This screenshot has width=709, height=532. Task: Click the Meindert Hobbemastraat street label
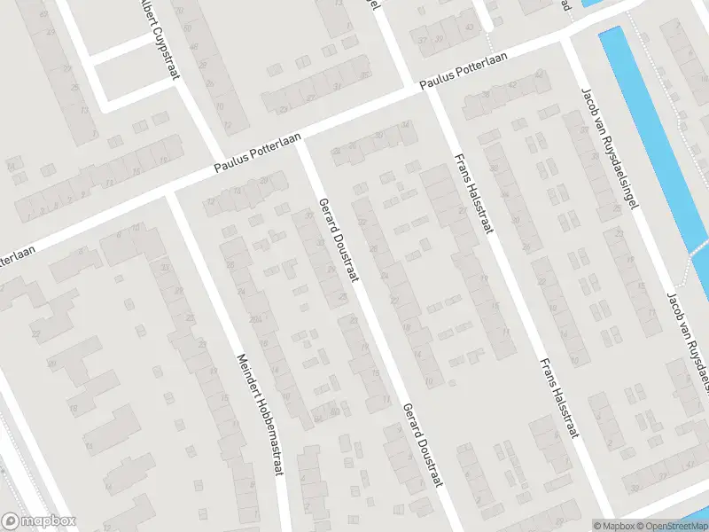click(259, 415)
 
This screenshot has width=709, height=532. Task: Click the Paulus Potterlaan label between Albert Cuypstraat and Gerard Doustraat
click(259, 152)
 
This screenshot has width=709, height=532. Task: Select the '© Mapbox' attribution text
click(614, 526)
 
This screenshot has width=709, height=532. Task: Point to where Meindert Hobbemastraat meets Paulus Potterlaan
click(170, 192)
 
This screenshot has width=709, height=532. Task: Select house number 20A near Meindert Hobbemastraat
click(255, 319)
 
